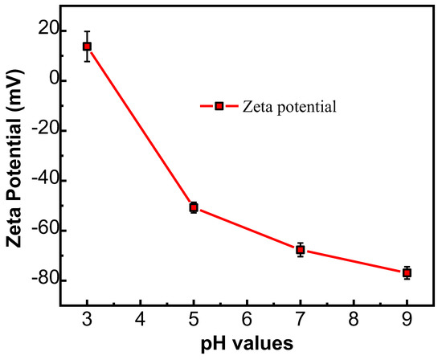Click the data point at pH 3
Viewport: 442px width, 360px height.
pyautogui.click(x=87, y=47)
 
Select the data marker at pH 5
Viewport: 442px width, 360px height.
pyautogui.click(x=194, y=207)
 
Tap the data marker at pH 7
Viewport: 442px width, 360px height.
pyautogui.click(x=300, y=249)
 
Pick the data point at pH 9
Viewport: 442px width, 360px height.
pyautogui.click(x=407, y=273)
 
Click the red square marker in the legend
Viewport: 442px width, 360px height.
pyautogui.click(x=218, y=105)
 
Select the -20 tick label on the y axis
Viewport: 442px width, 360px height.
pyautogui.click(x=37, y=130)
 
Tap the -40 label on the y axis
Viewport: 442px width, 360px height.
pyautogui.click(x=37, y=180)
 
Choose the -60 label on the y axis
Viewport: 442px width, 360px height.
pyautogui.click(x=37, y=231)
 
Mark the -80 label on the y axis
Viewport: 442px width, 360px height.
pyautogui.click(x=37, y=280)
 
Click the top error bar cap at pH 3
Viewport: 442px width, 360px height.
pyautogui.click(x=87, y=31)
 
